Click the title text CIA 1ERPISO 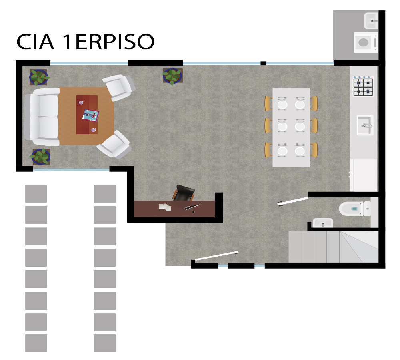click(86, 41)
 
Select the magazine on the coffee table click(90, 115)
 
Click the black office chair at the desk click(184, 193)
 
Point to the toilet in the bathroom click(355, 209)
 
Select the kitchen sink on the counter click(365, 125)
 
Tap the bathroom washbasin click(323, 223)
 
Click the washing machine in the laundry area click(366, 42)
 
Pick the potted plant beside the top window click(172, 76)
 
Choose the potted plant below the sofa click(40, 157)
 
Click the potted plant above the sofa click(39, 77)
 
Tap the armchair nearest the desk click(114, 144)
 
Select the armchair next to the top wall click(119, 87)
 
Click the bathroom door click(293, 201)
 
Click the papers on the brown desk click(165, 207)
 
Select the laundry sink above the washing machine click(371, 21)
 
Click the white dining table click(291, 127)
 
